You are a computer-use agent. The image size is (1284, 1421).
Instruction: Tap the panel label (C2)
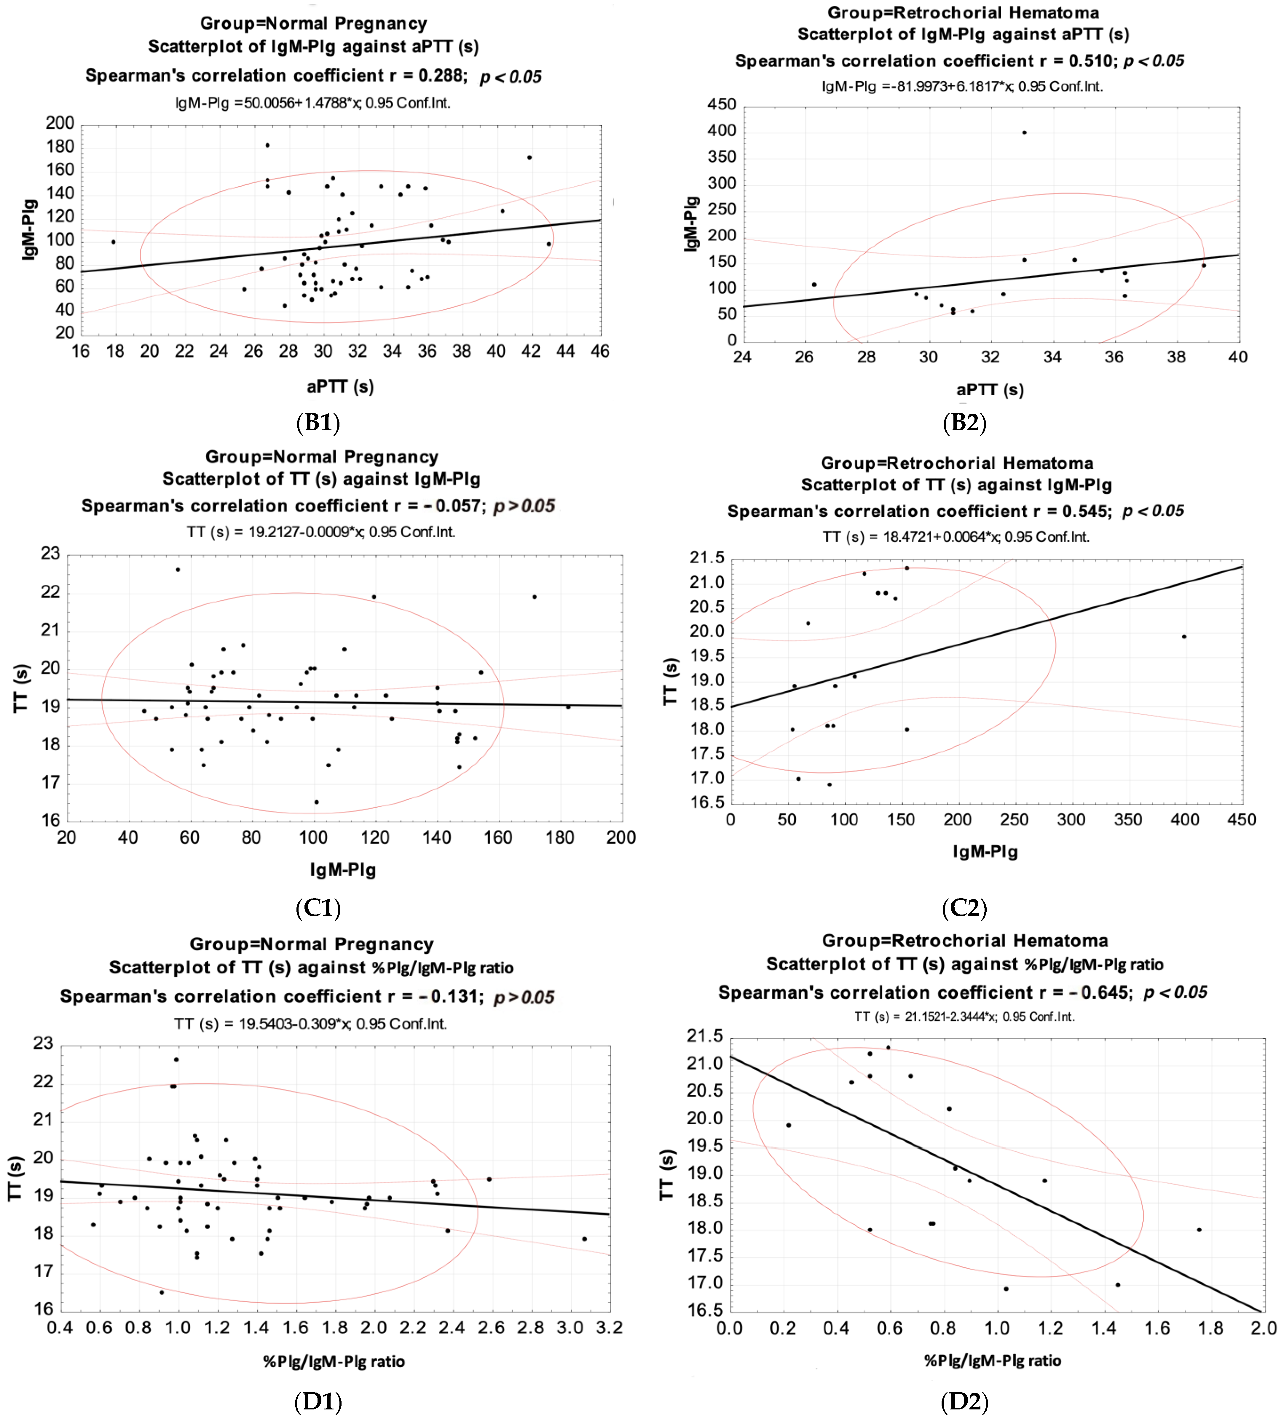pyautogui.click(x=964, y=908)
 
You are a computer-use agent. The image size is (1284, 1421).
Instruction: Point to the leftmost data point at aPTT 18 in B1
pyautogui.click(x=113, y=242)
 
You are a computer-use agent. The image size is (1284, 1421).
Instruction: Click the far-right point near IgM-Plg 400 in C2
pyautogui.click(x=1184, y=637)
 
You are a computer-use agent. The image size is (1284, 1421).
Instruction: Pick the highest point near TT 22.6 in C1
pyautogui.click(x=178, y=570)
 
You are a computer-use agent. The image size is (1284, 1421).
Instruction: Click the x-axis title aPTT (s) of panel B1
pyautogui.click(x=340, y=386)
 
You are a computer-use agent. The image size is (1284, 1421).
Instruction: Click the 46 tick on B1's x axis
pyautogui.click(x=600, y=351)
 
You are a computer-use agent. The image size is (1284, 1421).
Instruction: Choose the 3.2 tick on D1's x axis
pyautogui.click(x=609, y=1328)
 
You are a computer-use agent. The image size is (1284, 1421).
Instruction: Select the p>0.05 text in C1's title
pyautogui.click(x=524, y=506)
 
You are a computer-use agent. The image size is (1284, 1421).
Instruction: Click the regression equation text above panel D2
pyautogui.click(x=964, y=1016)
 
